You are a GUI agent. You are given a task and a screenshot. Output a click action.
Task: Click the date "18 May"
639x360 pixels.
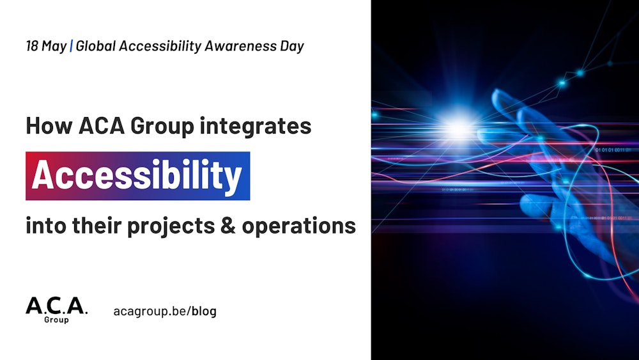[x=46, y=46]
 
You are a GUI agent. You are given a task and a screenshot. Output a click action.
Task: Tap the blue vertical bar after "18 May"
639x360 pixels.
[x=72, y=45]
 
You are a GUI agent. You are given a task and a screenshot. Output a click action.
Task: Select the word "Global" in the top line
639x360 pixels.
[x=96, y=45]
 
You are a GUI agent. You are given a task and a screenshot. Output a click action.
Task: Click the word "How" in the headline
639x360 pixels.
[x=49, y=125]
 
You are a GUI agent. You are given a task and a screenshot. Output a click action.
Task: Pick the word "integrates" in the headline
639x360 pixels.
[x=256, y=126]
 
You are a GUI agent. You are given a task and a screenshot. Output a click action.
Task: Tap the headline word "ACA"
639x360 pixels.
[x=102, y=125]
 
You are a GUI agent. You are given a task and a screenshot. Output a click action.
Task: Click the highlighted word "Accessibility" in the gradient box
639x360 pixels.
[x=137, y=176]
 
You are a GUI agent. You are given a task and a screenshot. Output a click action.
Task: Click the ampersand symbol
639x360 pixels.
[x=228, y=226]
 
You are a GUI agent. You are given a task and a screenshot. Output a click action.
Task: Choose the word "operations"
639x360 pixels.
[x=298, y=226]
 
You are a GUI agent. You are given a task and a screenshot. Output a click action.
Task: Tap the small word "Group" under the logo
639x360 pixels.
[x=56, y=320]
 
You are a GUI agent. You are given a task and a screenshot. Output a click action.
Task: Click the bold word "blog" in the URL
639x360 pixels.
[x=204, y=311]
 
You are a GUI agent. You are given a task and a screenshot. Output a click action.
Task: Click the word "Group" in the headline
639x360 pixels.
[x=162, y=127]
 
